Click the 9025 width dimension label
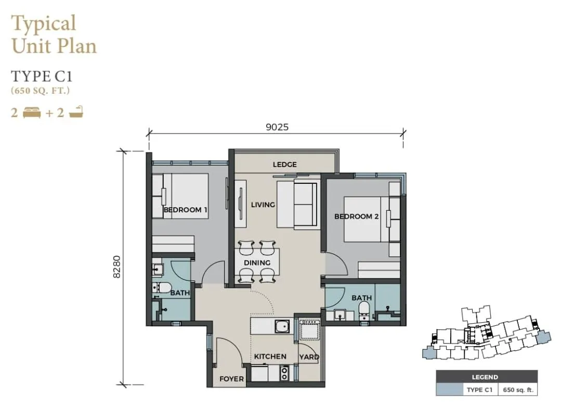(277, 127)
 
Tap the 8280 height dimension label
(116, 266)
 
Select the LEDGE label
(285, 164)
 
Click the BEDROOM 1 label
(185, 209)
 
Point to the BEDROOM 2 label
(356, 217)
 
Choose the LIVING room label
(263, 205)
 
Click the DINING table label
(257, 262)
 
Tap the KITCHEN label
(270, 357)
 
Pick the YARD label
(309, 357)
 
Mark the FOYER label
(231, 378)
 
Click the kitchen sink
(282, 326)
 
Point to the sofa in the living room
(297, 204)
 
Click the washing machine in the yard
(309, 330)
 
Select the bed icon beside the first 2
(32, 113)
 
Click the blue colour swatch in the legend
(449, 390)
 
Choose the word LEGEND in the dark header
(485, 377)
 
